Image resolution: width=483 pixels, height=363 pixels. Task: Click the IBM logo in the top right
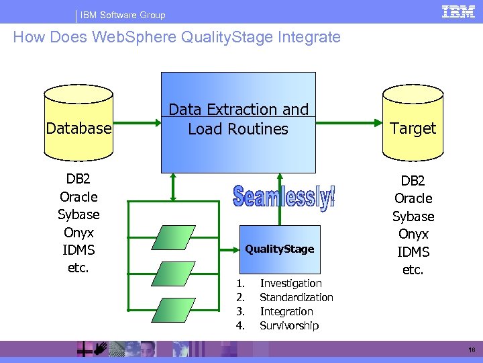coord(458,11)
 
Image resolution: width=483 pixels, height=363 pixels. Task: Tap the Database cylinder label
coord(78,127)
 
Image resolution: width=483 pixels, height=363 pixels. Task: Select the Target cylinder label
coord(413,128)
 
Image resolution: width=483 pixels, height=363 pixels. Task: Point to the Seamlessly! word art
coord(284,196)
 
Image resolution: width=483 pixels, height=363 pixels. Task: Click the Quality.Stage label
coord(279,249)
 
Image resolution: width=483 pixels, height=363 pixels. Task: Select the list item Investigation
coord(290,284)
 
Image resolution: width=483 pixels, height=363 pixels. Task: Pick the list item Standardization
coord(296,297)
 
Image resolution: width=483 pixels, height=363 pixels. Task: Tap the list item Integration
coord(286,311)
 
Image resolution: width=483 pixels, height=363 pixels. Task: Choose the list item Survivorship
coord(289,325)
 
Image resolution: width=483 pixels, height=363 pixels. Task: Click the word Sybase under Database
coord(78,214)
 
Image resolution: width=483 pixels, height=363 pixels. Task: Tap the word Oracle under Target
coord(413,198)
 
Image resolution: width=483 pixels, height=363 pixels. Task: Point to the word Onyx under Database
coord(78,232)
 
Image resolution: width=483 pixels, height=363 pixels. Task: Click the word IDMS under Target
coord(413,252)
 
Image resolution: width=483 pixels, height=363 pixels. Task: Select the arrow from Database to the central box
coord(136,123)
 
